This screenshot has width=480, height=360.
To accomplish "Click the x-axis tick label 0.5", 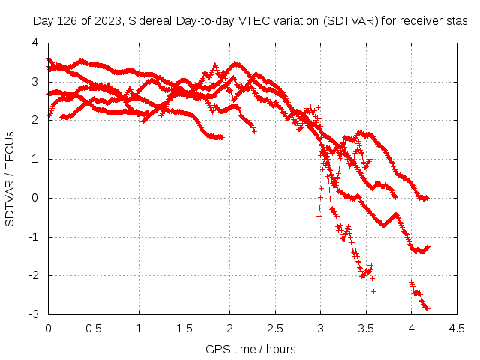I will pyautogui.click(x=94, y=328).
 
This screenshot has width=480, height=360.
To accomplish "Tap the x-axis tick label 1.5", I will pyautogui.click(x=184, y=328).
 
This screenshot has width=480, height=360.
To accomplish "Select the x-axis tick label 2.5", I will pyautogui.click(x=275, y=328).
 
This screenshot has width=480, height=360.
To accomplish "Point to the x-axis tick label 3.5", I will pyautogui.click(x=366, y=328).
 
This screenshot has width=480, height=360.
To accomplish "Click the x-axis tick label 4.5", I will pyautogui.click(x=457, y=328).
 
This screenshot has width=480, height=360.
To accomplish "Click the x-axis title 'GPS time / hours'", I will pyautogui.click(x=250, y=349).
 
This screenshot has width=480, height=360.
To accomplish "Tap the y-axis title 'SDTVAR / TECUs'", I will pyautogui.click(x=10, y=178).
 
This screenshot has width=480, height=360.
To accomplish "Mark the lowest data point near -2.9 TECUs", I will pyautogui.click(x=427, y=308).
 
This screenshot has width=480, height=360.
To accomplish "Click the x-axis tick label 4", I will pyautogui.click(x=412, y=328).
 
